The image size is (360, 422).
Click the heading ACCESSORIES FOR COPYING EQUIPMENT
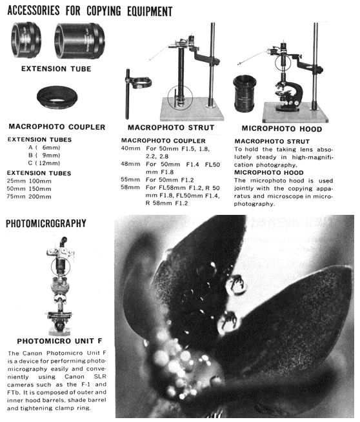(x=90, y=11)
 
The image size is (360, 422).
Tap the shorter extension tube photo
(x=26, y=40)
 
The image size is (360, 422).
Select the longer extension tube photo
(x=79, y=41)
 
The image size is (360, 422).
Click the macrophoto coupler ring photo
(x=57, y=97)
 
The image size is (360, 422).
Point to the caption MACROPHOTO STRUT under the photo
(x=171, y=128)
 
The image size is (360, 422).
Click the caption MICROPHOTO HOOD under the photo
(x=282, y=128)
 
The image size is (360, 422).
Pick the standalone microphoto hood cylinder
(x=245, y=94)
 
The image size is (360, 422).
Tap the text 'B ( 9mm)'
(x=44, y=156)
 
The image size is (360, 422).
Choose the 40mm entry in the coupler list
(x=130, y=148)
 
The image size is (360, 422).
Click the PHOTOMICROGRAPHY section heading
(x=46, y=223)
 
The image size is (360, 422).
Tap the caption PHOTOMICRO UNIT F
(x=59, y=341)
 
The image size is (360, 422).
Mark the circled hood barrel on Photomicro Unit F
(x=61, y=266)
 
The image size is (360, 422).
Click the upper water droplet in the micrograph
(x=237, y=285)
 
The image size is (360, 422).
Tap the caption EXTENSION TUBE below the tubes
(x=56, y=69)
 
